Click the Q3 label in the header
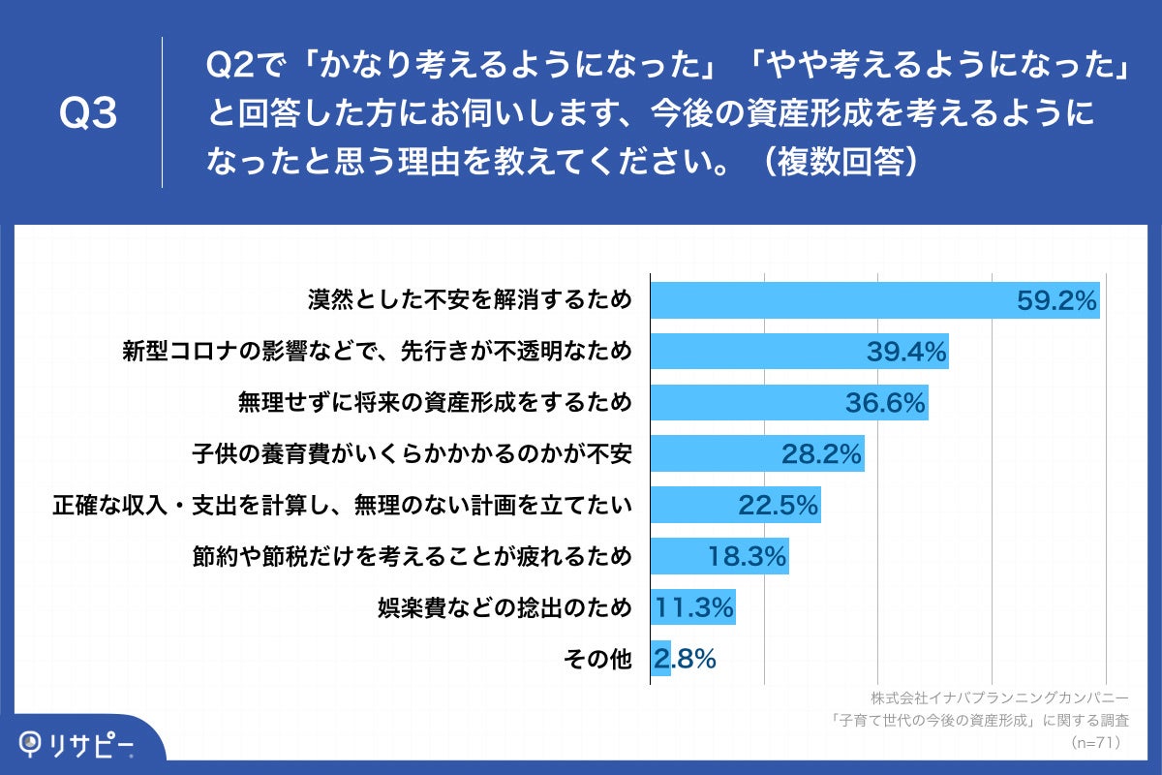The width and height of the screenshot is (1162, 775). coord(88,114)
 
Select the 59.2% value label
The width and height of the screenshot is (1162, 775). coord(1056,300)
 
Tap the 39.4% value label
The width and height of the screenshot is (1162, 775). coord(905,352)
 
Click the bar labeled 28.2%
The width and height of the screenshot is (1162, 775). coord(756,453)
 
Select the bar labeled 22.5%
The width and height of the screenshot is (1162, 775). coord(735,505)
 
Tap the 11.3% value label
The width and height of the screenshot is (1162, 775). coord(694,608)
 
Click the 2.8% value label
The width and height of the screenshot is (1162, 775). coord(685,660)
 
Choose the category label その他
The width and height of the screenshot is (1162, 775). coord(597,660)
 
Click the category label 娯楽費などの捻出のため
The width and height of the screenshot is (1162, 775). coord(505,608)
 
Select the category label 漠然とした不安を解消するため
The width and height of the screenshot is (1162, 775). coord(470,299)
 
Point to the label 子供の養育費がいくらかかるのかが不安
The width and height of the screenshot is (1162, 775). coord(412,453)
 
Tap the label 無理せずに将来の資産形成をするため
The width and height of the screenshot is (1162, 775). coord(435,402)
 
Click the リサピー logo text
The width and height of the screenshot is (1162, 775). coord(92,743)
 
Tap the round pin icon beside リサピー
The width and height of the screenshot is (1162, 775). coord(33,743)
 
